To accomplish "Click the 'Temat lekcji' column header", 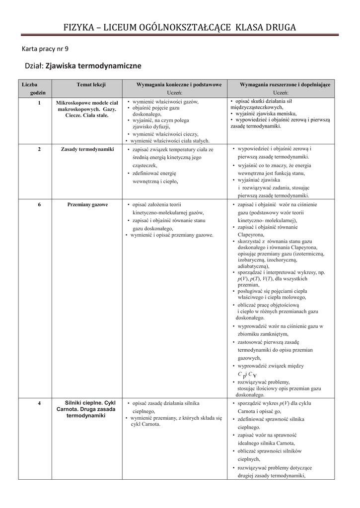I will [91, 85].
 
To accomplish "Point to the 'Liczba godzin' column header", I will [33, 89].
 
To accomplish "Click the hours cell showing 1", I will [39, 102].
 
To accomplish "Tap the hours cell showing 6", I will [39, 204].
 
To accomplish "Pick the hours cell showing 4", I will [39, 403].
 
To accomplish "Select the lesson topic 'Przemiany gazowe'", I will [87, 204].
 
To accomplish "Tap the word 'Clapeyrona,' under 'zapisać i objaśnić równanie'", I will [251, 234].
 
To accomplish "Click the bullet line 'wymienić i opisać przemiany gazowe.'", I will [172, 235].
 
